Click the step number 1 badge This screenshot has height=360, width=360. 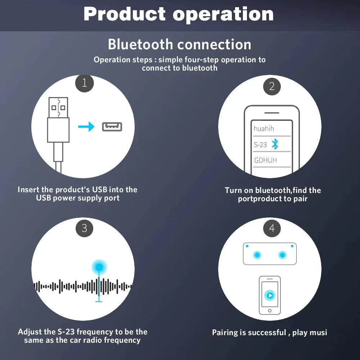(84, 84)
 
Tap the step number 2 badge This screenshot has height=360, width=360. (272, 86)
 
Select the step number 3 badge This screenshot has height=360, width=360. (84, 228)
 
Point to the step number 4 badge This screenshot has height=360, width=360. (272, 228)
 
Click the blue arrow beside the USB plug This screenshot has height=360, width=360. (86, 127)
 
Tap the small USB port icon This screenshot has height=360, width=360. (112, 127)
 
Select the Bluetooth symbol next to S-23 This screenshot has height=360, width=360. (275, 144)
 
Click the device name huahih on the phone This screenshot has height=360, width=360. (264, 129)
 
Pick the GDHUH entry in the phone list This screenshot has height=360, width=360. (265, 160)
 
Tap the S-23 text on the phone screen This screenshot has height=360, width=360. (260, 145)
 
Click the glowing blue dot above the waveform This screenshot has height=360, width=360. (99, 267)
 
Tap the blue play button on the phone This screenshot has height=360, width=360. (270, 296)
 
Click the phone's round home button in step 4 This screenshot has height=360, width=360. (270, 310)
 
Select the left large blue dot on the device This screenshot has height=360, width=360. (257, 255)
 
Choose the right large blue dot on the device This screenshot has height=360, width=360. (282, 255)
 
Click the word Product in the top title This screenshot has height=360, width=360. (124, 14)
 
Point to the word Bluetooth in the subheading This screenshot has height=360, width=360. (140, 45)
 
